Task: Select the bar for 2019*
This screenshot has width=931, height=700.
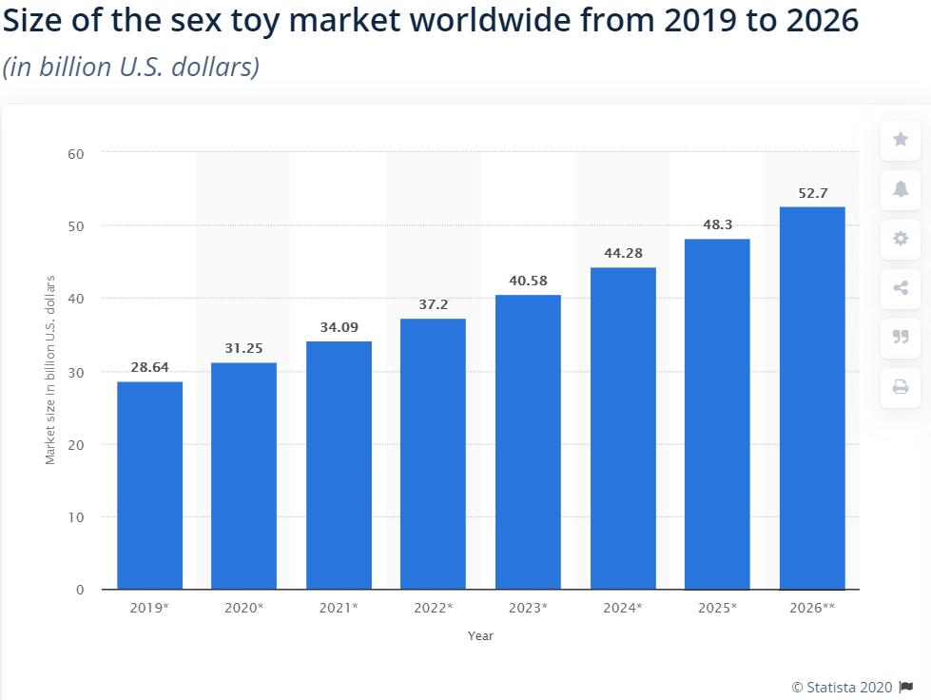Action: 149,485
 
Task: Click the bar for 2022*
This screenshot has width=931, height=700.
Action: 433,454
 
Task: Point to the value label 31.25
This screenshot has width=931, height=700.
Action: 243,348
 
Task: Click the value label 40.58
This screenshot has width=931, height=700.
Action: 528,281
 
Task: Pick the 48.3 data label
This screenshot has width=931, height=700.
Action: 717,224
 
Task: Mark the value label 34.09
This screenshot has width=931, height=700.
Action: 339,327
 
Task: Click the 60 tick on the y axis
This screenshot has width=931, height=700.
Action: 76,153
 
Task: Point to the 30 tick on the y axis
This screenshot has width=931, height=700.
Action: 76,372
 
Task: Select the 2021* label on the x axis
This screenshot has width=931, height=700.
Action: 339,607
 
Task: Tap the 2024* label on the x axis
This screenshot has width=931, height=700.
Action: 622,607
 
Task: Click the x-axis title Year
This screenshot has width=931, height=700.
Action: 480,635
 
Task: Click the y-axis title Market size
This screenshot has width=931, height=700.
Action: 50,370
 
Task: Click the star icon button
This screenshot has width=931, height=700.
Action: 900,140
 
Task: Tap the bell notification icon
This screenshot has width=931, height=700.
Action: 900,189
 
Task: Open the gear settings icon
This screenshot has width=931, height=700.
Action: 900,239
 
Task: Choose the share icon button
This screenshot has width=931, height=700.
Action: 900,288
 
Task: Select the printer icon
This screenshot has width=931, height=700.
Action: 900,386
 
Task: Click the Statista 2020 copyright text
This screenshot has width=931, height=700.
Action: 842,687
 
